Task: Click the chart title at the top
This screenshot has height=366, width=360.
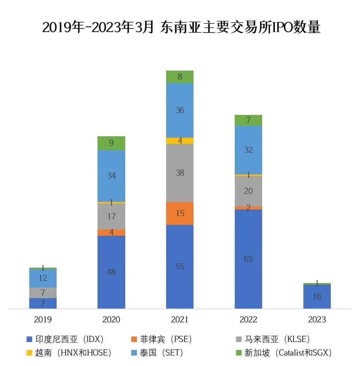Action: (x=181, y=28)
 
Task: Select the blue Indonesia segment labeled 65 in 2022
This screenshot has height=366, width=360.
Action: (x=248, y=259)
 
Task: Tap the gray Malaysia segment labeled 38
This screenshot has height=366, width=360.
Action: (x=180, y=173)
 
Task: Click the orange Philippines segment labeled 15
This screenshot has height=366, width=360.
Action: (x=180, y=213)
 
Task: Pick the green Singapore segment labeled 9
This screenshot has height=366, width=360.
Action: (x=111, y=143)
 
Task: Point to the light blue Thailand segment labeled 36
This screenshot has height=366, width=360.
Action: (x=180, y=110)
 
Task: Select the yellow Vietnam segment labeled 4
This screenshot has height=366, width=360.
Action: (x=180, y=141)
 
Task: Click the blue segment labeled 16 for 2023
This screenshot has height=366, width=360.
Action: (x=317, y=297)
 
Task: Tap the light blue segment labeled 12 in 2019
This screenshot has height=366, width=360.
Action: (x=43, y=278)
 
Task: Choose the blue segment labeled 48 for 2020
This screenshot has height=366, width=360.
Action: (x=111, y=272)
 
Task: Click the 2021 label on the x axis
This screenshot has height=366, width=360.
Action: (x=180, y=320)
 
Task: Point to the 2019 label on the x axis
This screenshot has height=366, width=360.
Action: (x=43, y=320)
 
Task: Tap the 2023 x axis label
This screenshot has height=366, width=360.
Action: (x=317, y=320)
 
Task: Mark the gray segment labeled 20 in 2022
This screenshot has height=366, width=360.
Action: (x=248, y=191)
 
